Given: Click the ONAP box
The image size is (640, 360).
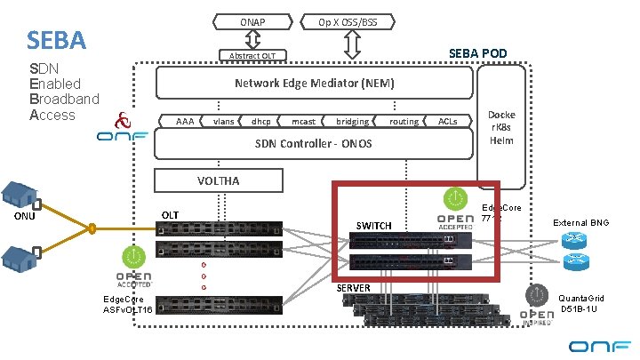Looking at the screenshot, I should click(x=252, y=20).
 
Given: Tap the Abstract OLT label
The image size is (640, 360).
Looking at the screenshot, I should click(x=252, y=56).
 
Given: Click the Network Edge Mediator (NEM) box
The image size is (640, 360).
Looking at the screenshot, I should click(x=314, y=84).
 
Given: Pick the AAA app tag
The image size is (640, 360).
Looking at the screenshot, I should click(x=185, y=121).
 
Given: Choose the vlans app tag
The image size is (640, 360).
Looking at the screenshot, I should click(x=224, y=121).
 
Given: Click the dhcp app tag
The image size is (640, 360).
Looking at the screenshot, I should click(x=261, y=121).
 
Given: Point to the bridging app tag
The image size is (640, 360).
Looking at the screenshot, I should click(x=353, y=121).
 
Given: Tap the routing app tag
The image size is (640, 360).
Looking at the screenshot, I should click(x=404, y=121).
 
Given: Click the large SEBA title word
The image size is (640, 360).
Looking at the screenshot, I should click(x=56, y=40).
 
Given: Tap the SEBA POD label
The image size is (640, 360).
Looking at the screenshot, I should click(x=477, y=54).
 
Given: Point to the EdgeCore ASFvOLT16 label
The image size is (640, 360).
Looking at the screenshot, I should click(x=128, y=304).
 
